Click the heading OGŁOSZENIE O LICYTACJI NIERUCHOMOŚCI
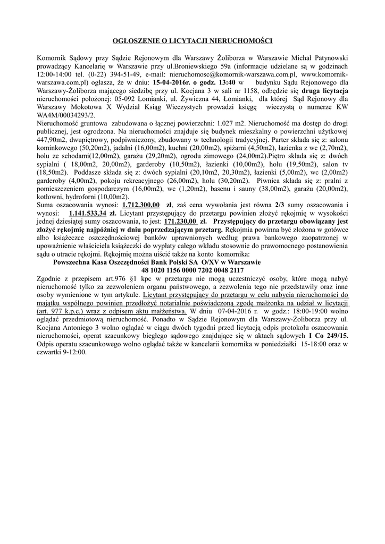(192, 40)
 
